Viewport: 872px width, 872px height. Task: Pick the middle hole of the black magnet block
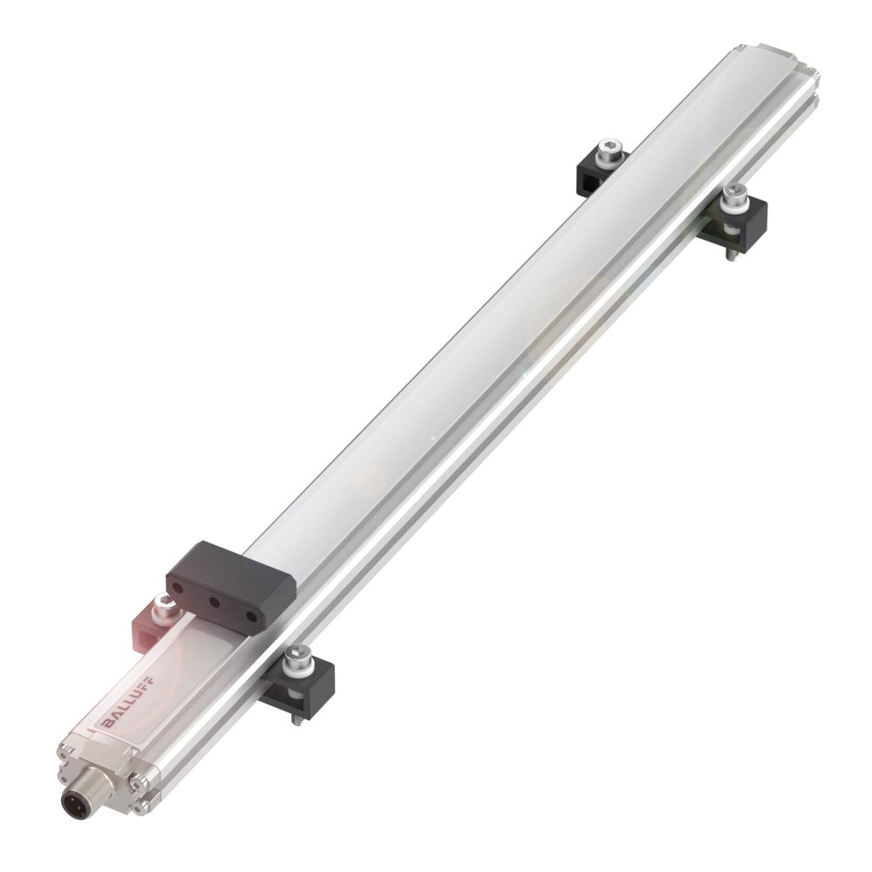point(214,601)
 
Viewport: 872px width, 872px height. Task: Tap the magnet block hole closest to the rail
point(251,615)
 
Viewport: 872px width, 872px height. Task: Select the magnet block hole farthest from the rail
point(178,588)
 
